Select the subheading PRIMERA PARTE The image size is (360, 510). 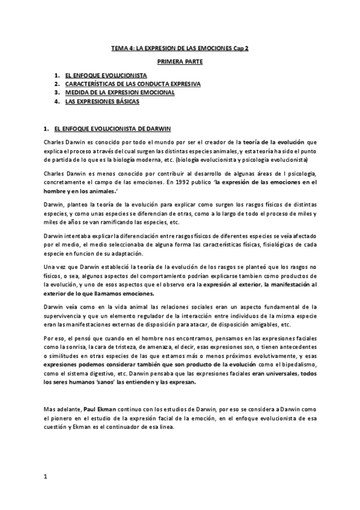pyautogui.click(x=180, y=62)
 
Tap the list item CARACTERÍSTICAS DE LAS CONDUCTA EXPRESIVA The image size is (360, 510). pyautogui.click(x=133, y=84)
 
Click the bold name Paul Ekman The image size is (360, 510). pyautogui.click(x=94, y=404)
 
